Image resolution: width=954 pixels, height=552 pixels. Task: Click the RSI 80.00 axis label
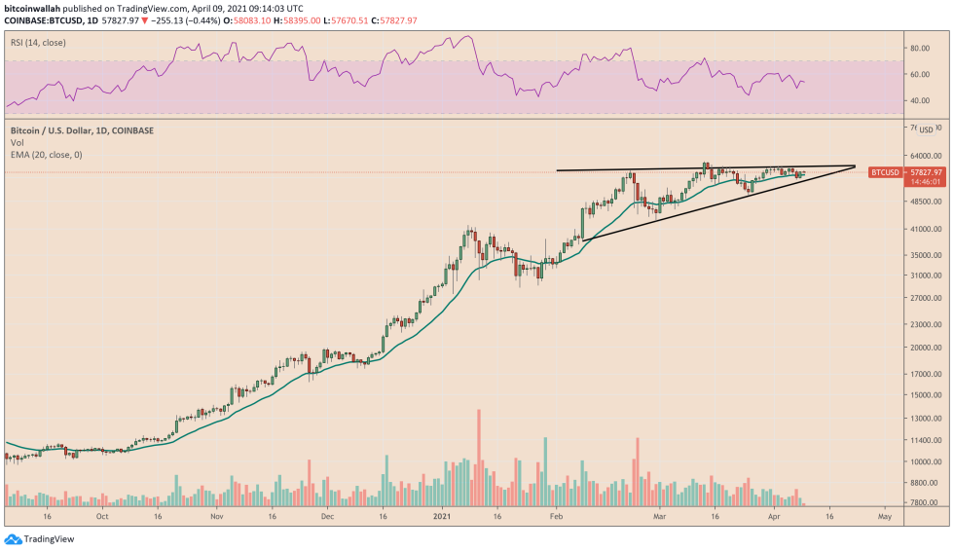[x=919, y=47]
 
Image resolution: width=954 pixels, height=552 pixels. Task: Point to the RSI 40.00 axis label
[x=919, y=100]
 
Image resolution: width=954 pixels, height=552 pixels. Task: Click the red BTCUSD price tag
[x=885, y=172]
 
